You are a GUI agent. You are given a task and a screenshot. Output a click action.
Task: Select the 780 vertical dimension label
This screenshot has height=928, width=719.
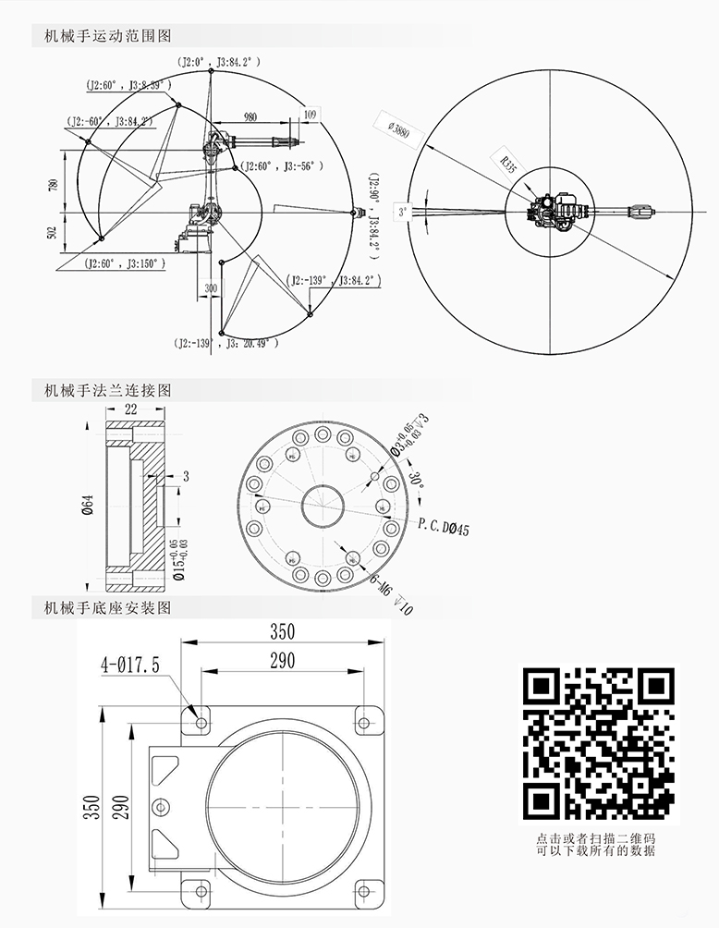coord(52,188)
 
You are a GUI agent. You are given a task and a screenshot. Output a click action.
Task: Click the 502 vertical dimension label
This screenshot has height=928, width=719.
coord(52,234)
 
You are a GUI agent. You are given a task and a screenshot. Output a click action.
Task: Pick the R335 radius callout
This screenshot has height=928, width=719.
coord(507,163)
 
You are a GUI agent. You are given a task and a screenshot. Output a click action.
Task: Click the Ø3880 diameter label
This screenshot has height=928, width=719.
coord(400,128)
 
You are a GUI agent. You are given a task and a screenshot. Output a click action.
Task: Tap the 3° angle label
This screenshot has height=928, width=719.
coord(403,211)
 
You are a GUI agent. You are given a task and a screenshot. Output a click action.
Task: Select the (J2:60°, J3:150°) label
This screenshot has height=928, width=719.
coord(126,263)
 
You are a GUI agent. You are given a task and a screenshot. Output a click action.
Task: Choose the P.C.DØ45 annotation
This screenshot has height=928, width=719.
coord(445,528)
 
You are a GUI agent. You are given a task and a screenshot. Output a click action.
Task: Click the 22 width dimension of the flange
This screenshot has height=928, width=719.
coord(131,408)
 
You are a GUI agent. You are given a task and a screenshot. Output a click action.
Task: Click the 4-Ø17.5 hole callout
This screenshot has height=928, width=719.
coord(131,665)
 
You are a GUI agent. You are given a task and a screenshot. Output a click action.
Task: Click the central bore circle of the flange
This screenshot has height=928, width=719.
coord(323,506)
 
